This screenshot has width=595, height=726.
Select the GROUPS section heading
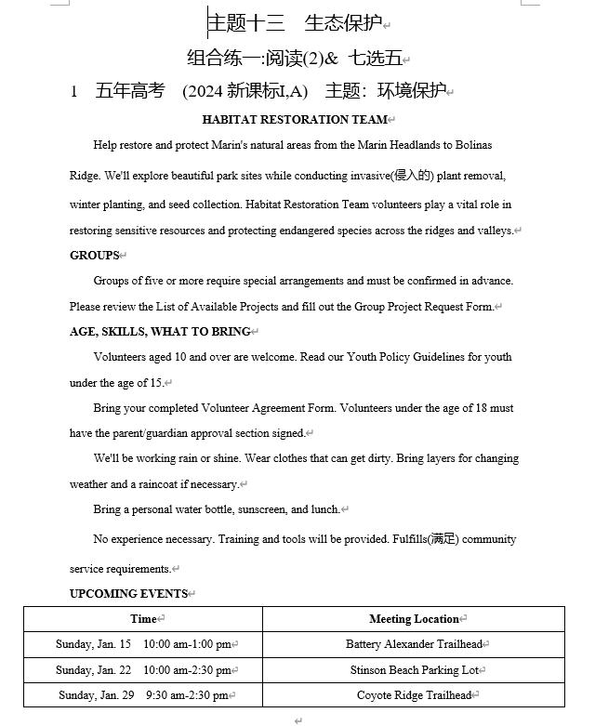point(94,256)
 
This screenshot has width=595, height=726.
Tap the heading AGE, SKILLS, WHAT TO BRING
point(160,332)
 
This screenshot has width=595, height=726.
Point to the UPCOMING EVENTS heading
point(128,594)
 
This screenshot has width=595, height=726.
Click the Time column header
point(143,619)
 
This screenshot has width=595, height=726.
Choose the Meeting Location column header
point(414,619)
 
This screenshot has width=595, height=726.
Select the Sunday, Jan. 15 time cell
point(143,644)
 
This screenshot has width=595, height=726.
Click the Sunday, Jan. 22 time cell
point(143,670)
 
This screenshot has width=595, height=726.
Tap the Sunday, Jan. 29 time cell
point(143,695)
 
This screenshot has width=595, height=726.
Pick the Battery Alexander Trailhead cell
point(414,644)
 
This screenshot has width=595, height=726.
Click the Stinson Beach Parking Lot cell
point(414,670)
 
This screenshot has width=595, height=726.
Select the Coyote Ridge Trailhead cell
point(414,695)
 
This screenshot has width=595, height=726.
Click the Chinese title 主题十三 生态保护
point(294,22)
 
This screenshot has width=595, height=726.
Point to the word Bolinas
point(474,145)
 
